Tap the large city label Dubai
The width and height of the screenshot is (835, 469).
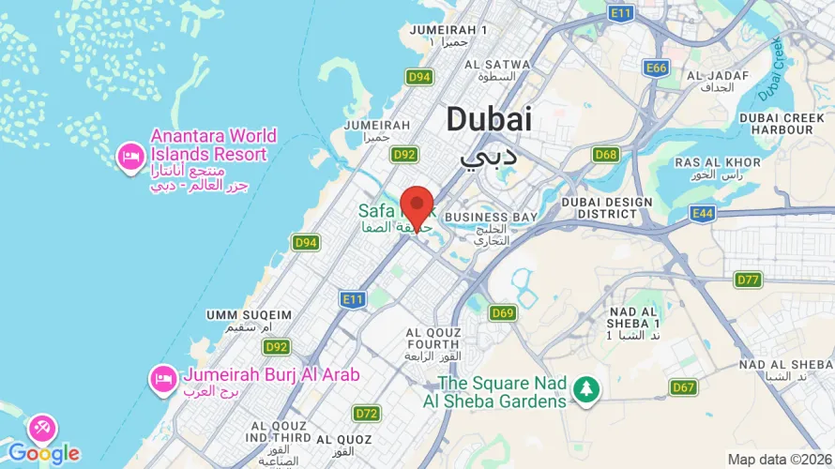[488, 119]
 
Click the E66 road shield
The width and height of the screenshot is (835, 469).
[656, 68]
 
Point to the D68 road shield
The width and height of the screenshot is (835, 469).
[606, 155]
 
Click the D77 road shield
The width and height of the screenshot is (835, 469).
[748, 280]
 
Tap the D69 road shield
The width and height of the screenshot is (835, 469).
[503, 313]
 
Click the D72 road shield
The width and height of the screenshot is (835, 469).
[366, 414]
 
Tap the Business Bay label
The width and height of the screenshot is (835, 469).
[490, 217]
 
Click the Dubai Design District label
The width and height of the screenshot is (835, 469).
[606, 209]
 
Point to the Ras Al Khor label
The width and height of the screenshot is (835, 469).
[709, 162]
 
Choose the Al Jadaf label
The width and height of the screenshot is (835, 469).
[717, 75]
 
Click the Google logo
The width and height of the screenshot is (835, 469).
[43, 454]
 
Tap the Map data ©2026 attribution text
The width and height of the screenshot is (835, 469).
[780, 459]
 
